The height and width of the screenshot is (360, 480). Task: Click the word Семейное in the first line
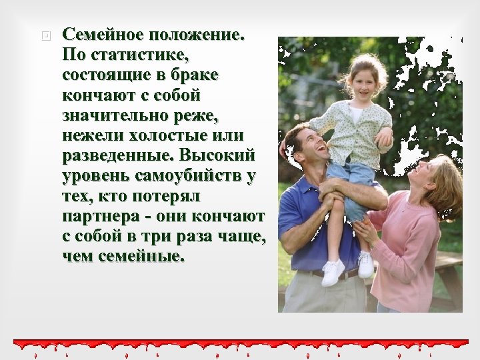(103, 34)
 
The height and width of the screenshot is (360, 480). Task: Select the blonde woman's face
(423, 175)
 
